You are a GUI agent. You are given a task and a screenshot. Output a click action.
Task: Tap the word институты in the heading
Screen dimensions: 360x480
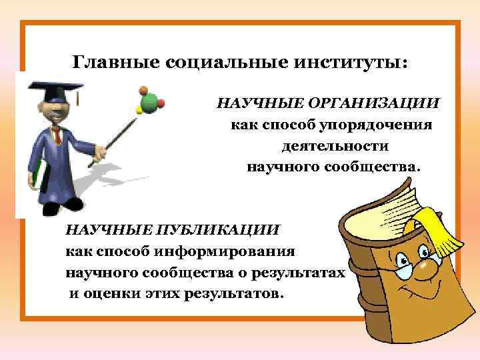click(x=347, y=63)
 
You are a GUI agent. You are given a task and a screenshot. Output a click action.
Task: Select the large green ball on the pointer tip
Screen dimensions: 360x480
click(x=151, y=101)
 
